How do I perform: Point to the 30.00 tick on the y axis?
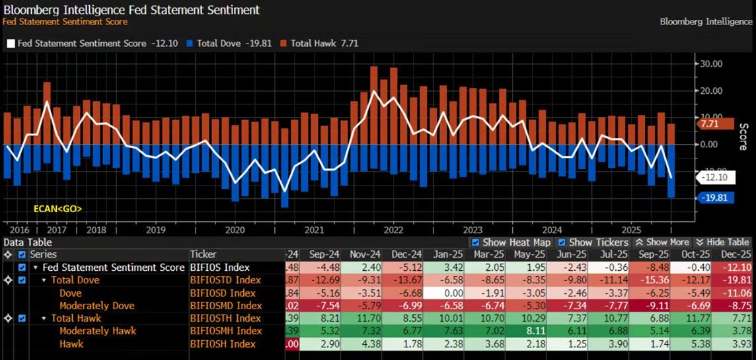pos(712,63)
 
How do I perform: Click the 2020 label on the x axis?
pos(235,230)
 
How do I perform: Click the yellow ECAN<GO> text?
pos(58,209)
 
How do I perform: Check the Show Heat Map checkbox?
pos(476,242)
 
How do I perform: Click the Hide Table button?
pos(723,242)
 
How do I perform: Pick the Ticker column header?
pos(204,254)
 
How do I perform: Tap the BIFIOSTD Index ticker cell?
pos(225,280)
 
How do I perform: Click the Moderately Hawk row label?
pos(98,331)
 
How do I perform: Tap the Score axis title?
pos(743,135)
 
